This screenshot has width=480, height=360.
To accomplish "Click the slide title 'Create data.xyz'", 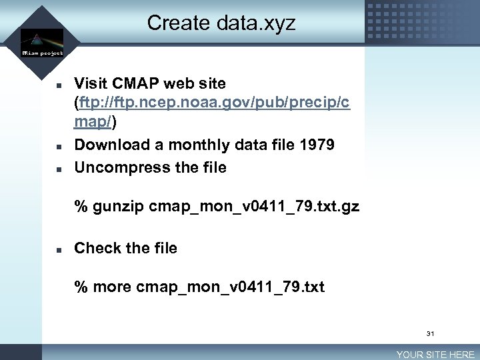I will (221, 23).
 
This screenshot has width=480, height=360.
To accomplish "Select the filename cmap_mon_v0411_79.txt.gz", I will (254, 207).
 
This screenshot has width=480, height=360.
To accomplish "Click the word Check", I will (97, 248).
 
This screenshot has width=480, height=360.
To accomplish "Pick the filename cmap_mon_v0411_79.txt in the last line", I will (230, 287).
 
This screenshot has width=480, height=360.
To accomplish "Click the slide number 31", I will (430, 333).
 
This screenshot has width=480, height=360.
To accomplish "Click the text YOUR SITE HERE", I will (435, 355).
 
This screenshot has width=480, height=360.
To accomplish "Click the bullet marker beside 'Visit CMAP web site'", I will (59, 86).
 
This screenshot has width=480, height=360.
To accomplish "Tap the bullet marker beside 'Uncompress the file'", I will (59, 169).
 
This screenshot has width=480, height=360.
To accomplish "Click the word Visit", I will (92, 84).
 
